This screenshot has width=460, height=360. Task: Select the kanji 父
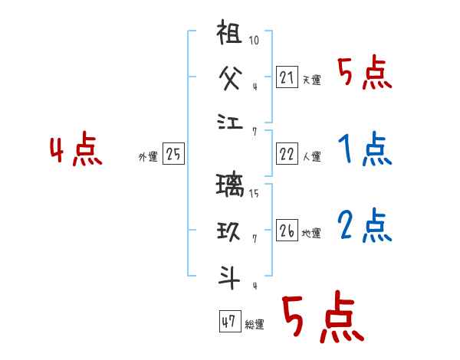(x=231, y=77)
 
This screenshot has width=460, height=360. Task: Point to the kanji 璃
(x=231, y=186)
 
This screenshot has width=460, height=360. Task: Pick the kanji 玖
(x=231, y=229)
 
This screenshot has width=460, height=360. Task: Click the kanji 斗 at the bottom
(x=231, y=275)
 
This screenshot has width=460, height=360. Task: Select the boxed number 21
(x=287, y=77)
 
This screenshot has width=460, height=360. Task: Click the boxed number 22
(x=287, y=154)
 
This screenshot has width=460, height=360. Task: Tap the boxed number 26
(x=287, y=231)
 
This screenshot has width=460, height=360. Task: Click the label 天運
(x=311, y=80)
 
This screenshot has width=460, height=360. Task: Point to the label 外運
(x=148, y=157)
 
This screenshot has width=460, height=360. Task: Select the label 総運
(x=255, y=325)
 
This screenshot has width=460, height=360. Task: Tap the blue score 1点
(x=365, y=150)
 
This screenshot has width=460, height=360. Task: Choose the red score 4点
(x=77, y=150)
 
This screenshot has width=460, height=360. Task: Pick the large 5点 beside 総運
(x=323, y=318)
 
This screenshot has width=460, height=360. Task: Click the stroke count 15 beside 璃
(x=255, y=193)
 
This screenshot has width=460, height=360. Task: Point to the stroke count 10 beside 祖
(x=254, y=41)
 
